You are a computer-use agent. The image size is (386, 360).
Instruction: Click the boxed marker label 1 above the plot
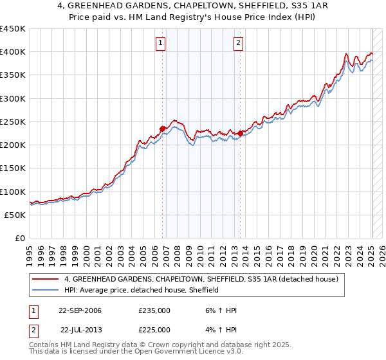pyautogui.click(x=160, y=43)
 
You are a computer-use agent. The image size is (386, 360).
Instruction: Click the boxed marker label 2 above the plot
pyautogui.click(x=238, y=43)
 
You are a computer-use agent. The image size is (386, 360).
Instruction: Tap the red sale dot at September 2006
pyautogui.click(x=163, y=129)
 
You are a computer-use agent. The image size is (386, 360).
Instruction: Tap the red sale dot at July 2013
pyautogui.click(x=240, y=133)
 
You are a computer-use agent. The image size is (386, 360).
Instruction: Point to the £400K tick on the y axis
pyautogui.click(x=12, y=52)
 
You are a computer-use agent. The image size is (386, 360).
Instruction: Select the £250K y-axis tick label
pyautogui.click(x=12, y=122)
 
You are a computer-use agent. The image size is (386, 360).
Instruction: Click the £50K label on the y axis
pyautogui.click(x=15, y=215)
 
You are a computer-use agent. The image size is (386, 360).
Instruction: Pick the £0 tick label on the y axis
pyautogui.click(x=20, y=238)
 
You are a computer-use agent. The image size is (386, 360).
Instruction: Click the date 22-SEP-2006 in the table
pyautogui.click(x=80, y=311)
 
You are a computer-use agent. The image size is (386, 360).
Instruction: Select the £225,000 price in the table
pyautogui.click(x=154, y=330)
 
